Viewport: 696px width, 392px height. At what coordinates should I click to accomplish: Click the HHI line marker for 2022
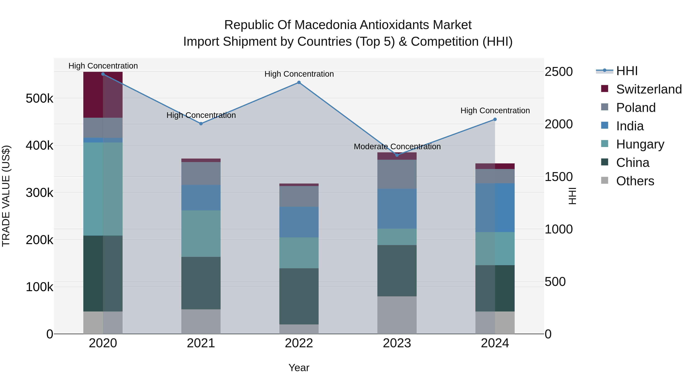299,82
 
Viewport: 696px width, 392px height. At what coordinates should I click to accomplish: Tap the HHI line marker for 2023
397,155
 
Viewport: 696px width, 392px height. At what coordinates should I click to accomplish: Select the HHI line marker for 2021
201,124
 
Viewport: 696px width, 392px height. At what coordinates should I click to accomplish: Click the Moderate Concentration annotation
397,147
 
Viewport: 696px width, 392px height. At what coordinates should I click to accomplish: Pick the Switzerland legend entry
649,89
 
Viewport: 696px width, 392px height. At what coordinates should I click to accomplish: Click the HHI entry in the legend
627,71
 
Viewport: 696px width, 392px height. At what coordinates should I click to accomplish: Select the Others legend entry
635,181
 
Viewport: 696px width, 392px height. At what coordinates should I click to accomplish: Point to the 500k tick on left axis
39,99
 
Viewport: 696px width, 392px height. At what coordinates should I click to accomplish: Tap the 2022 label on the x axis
299,343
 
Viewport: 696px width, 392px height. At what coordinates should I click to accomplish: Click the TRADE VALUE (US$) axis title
6,196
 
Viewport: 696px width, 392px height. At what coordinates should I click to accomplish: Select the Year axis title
299,368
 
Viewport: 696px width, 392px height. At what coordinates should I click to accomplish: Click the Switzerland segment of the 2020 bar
103,95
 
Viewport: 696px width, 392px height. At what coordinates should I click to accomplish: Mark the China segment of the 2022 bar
299,296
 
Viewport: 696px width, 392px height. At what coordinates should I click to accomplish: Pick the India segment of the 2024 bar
495,208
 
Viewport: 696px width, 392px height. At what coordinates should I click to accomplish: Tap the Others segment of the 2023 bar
397,315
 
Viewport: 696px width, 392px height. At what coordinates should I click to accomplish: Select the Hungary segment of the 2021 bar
201,233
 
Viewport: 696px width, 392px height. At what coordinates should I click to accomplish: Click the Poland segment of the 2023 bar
397,174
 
